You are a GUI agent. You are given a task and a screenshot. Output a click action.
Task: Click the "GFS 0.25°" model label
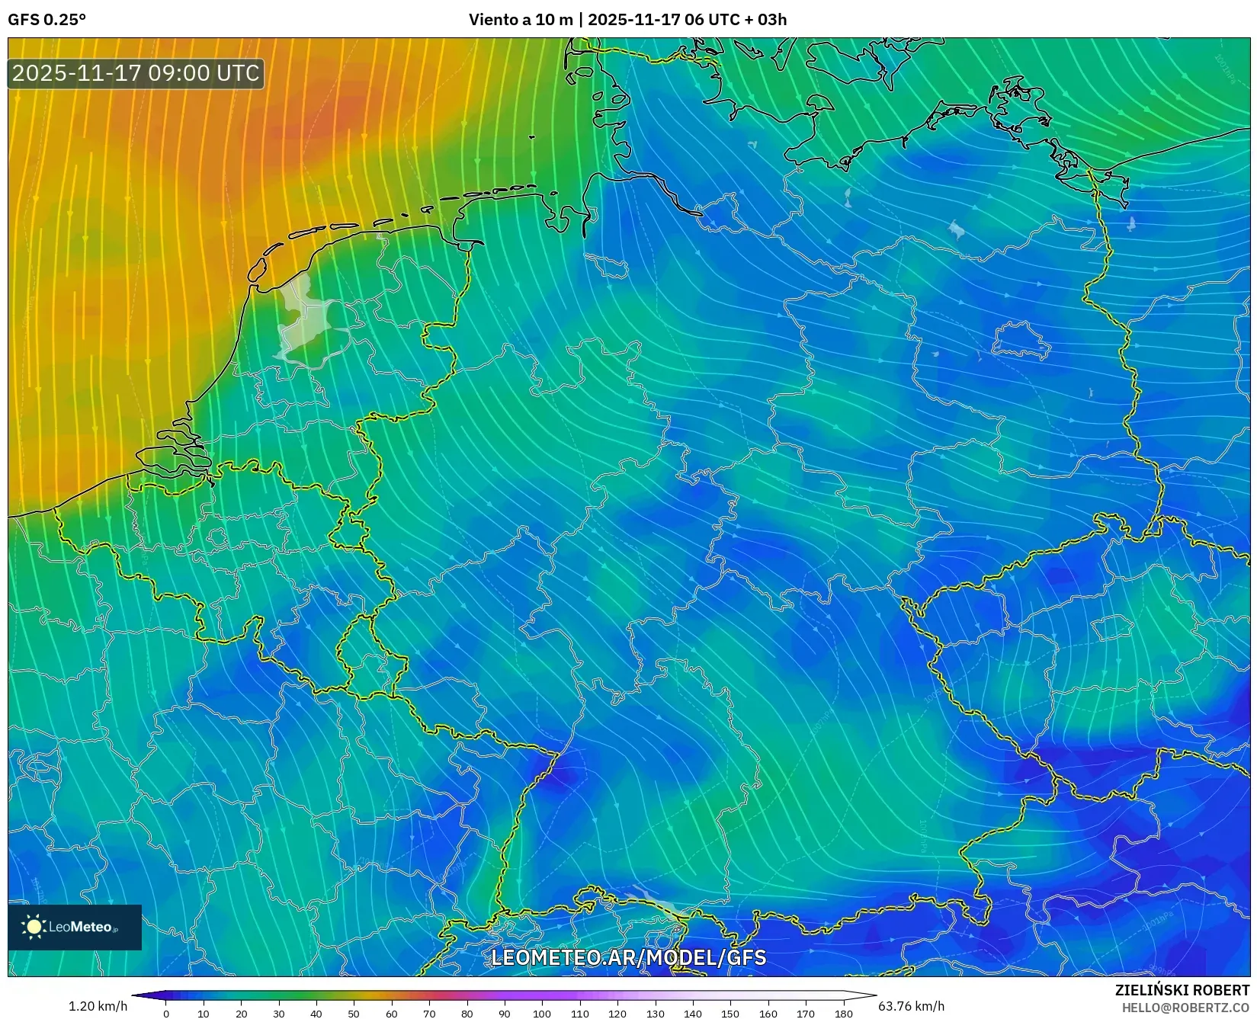46,20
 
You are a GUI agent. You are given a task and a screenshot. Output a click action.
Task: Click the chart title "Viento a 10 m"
520,20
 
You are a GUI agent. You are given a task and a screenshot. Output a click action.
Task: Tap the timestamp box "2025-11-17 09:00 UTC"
136,73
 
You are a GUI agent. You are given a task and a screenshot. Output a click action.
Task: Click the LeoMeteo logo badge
75,927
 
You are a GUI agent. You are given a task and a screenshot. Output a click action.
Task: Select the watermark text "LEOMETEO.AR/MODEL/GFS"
628,957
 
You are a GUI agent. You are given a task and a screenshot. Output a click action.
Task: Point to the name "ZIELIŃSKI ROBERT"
1182,990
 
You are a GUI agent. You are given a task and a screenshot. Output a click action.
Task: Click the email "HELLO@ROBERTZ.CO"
1185,1008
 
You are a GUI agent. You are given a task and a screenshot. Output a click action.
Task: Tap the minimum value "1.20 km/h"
98,1006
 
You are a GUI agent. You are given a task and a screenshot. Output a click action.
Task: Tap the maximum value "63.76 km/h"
911,1006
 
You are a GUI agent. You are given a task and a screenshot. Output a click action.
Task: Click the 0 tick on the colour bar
166,1013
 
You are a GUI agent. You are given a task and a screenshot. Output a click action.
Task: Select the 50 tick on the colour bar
354,1013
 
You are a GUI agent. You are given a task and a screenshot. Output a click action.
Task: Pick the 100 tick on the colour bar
542,1013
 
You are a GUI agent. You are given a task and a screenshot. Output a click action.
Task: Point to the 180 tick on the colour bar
843,1013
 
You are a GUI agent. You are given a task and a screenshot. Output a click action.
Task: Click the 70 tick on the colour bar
429,1013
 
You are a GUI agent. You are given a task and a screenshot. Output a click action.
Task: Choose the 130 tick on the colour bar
655,1013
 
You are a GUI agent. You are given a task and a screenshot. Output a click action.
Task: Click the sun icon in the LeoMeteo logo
34,927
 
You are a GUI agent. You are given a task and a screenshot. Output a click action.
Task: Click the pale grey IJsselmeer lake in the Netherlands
303,320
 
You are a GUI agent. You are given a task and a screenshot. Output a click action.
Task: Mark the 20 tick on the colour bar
241,1013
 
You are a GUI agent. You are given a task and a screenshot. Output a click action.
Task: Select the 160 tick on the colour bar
768,1013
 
